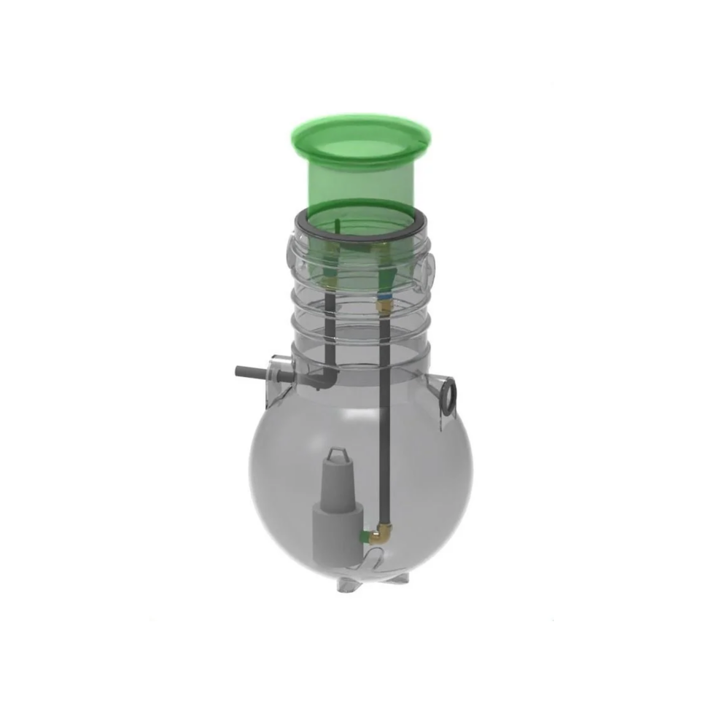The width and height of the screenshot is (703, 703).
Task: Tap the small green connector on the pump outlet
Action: [x=360, y=537]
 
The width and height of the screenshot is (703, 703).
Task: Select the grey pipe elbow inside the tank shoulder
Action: [x=326, y=378]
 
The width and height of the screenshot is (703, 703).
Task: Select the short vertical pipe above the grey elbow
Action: [x=329, y=328]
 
